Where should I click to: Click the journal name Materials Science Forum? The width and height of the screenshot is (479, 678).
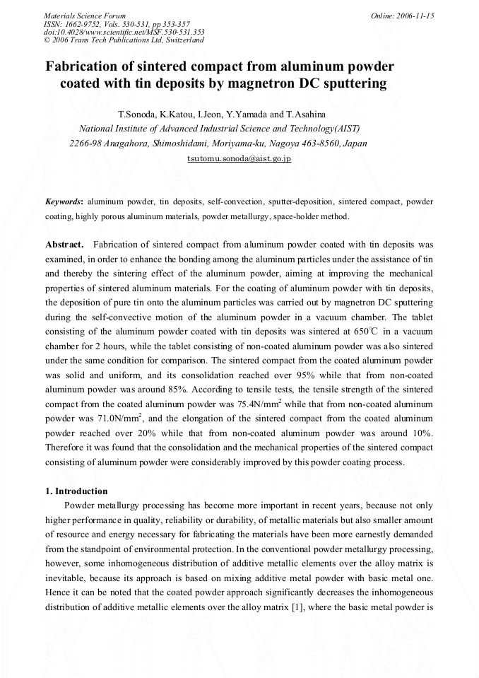tap(85, 16)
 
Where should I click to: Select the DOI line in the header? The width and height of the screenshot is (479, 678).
tap(124, 32)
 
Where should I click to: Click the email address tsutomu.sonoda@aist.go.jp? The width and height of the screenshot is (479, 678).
tap(239, 158)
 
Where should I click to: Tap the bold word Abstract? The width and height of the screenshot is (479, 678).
tap(65, 245)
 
